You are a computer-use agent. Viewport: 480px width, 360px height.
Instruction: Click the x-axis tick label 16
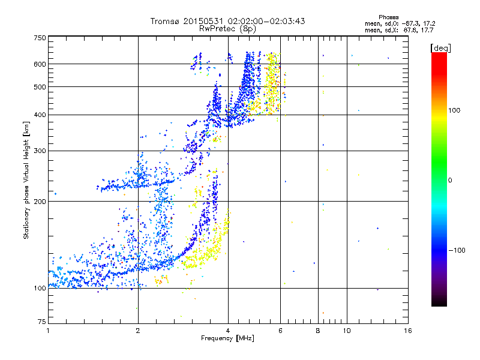tap(407, 331)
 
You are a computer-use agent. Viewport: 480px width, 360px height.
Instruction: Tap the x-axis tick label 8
tap(318, 331)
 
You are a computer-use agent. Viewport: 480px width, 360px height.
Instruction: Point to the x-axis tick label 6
tap(280, 331)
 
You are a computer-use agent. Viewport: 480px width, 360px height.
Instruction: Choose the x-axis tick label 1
tap(48, 331)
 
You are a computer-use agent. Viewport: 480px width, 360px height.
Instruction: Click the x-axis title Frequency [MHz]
tap(227, 338)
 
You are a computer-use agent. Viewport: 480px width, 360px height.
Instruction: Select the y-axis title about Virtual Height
tap(26, 180)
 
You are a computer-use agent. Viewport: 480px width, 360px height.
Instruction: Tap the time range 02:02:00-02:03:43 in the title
tap(266, 21)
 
